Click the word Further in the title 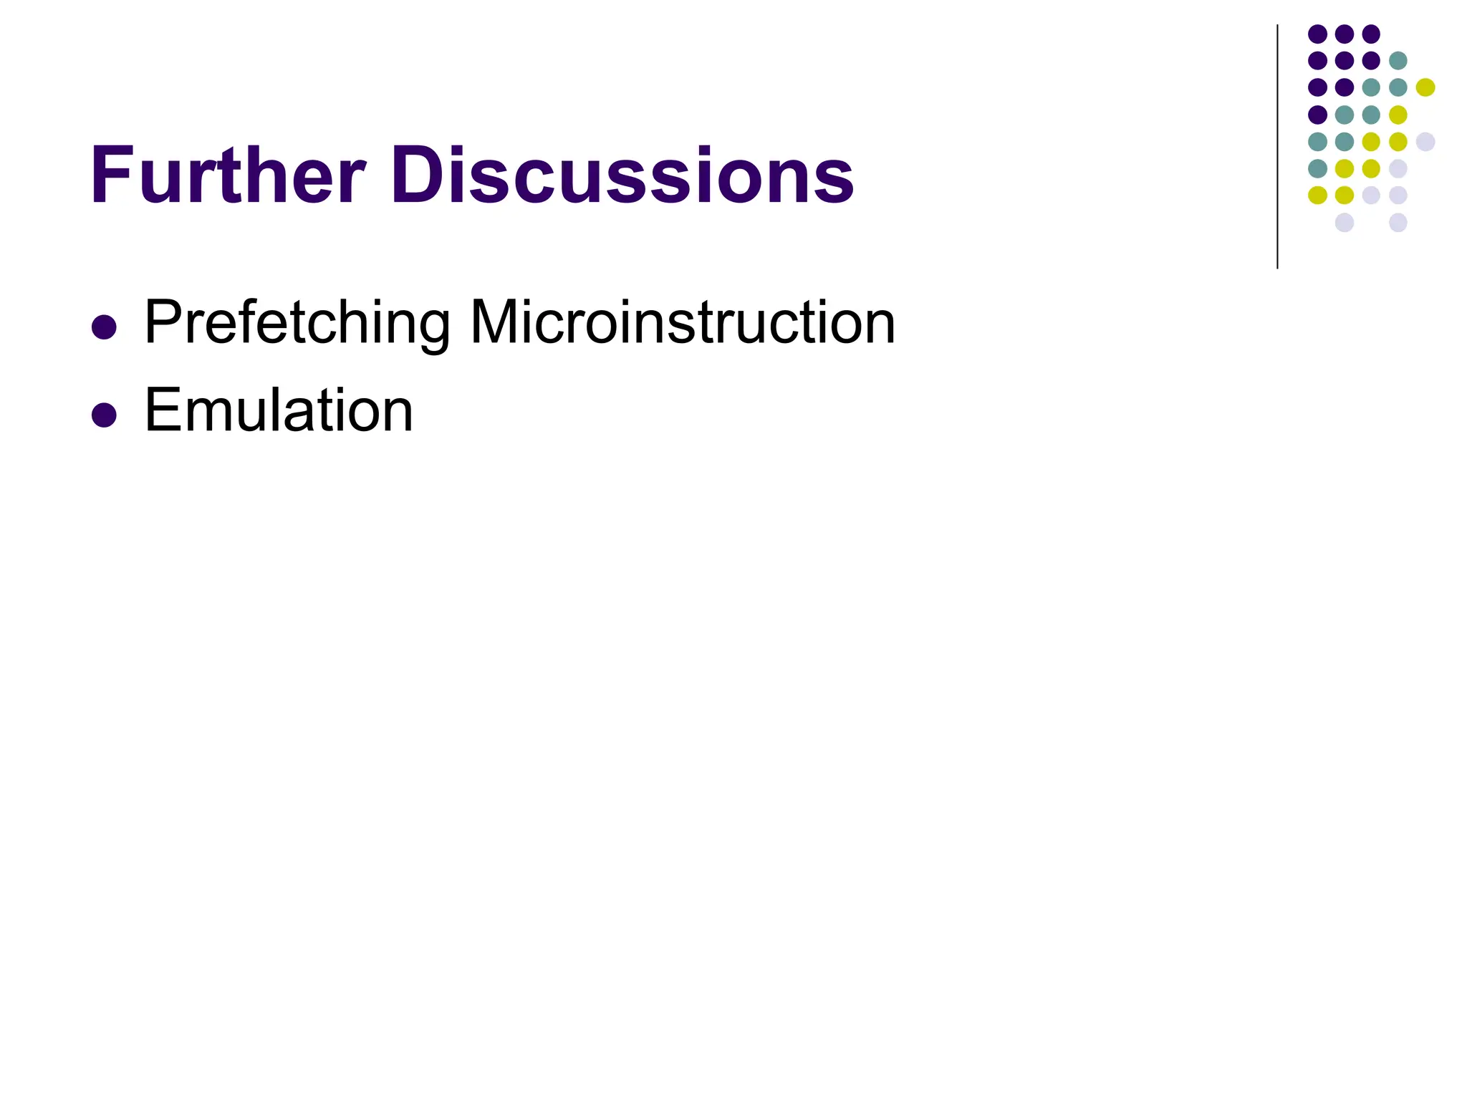[x=228, y=176]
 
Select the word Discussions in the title [x=622, y=176]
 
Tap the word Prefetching [x=297, y=324]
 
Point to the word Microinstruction [x=682, y=322]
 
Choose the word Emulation [x=279, y=410]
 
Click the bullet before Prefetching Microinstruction [x=105, y=327]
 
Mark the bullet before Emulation [x=105, y=415]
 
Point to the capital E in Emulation [x=163, y=410]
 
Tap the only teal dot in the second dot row [x=1398, y=61]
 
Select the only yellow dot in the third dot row [x=1425, y=87]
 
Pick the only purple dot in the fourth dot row [x=1317, y=115]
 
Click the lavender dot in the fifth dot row [x=1425, y=141]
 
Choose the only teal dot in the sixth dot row [x=1317, y=168]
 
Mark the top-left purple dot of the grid [x=1317, y=34]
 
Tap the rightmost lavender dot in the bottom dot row [x=1398, y=222]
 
